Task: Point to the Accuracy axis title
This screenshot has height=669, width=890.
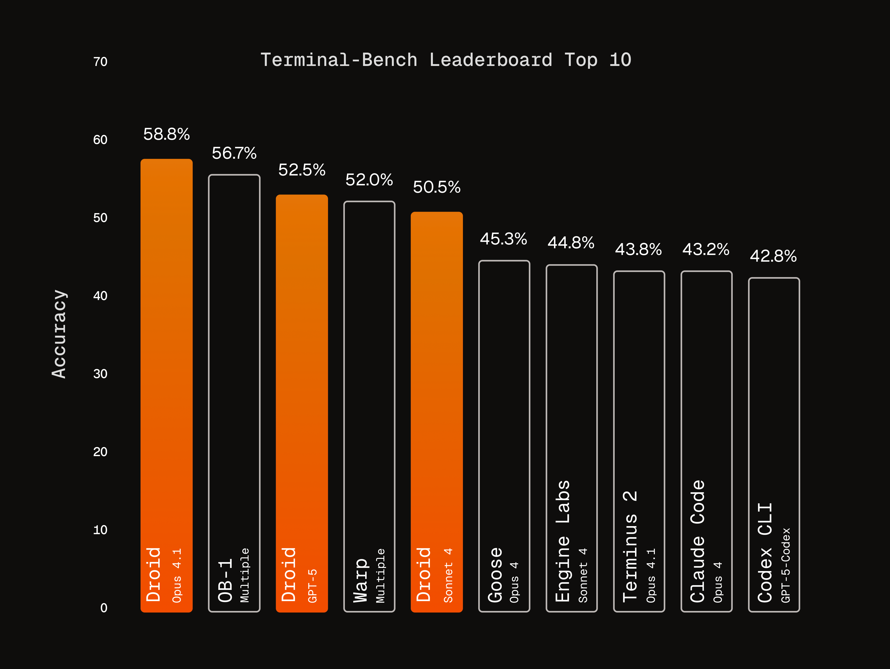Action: click(x=60, y=334)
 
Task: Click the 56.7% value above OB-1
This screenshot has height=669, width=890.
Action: click(x=234, y=153)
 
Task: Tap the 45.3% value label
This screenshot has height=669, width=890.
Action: click(x=503, y=239)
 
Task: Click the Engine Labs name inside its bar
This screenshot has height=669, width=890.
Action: click(x=563, y=541)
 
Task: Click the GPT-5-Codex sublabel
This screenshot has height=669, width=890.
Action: click(x=786, y=565)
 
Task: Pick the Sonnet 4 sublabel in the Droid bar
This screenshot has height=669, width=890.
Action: click(x=448, y=575)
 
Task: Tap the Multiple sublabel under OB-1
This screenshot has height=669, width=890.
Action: click(x=245, y=575)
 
